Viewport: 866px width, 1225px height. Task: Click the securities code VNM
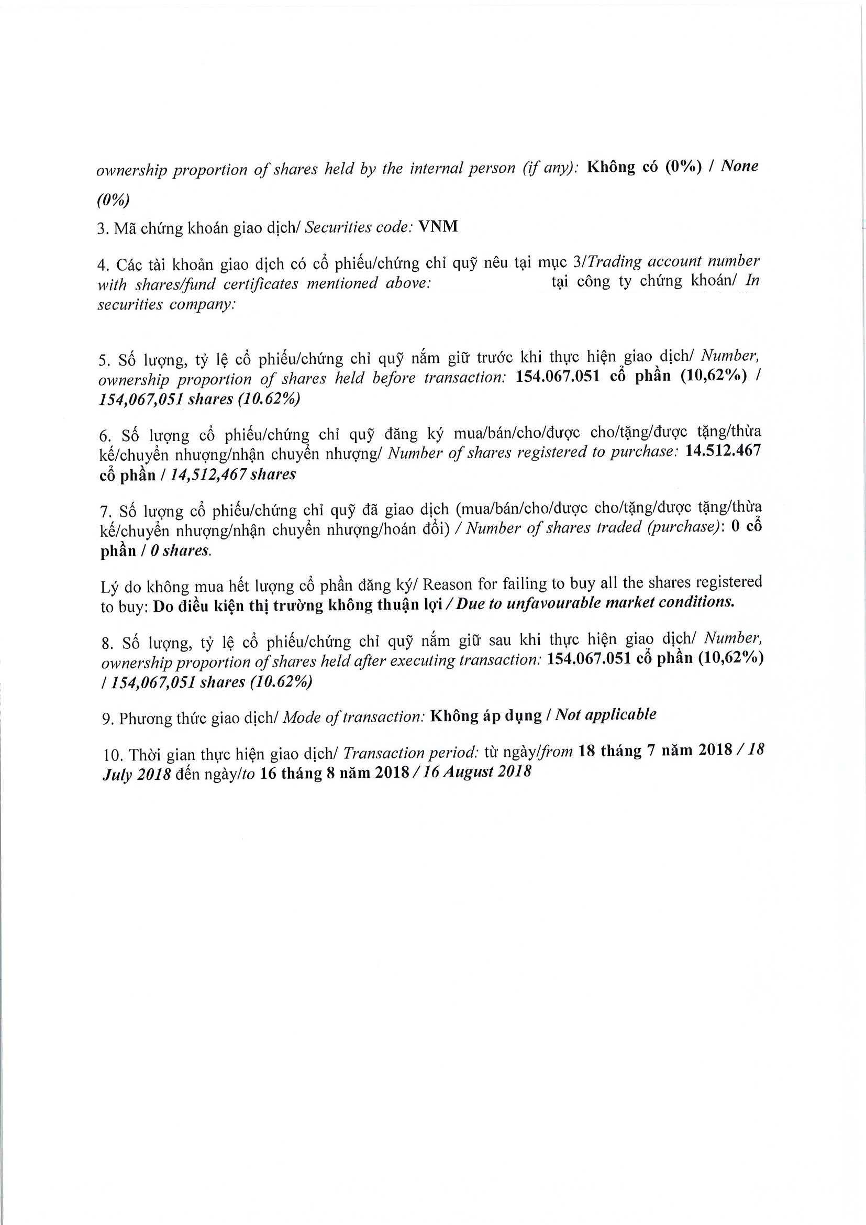(x=438, y=227)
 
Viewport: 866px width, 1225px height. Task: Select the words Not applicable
(x=606, y=715)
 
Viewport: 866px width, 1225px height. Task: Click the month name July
(x=116, y=775)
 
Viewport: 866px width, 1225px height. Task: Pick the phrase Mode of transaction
(x=353, y=717)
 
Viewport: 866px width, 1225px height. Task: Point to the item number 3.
(x=102, y=229)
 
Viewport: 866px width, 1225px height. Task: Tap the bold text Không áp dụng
(x=486, y=715)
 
